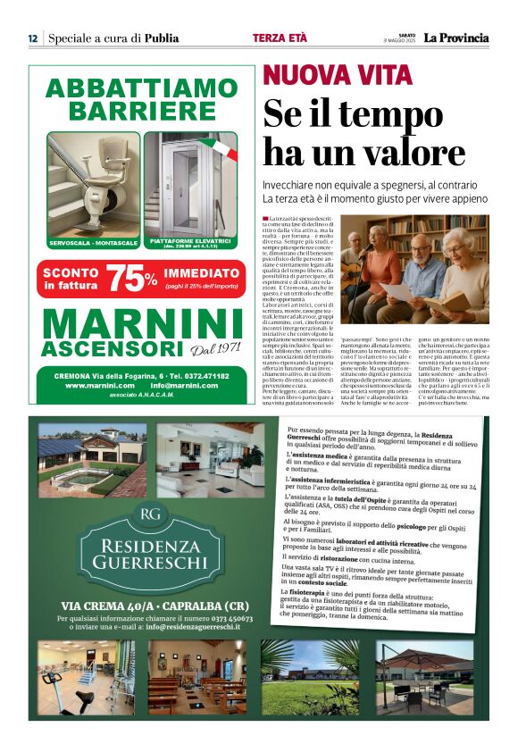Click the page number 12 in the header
32,38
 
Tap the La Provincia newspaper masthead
456,38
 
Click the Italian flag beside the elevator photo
220,146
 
